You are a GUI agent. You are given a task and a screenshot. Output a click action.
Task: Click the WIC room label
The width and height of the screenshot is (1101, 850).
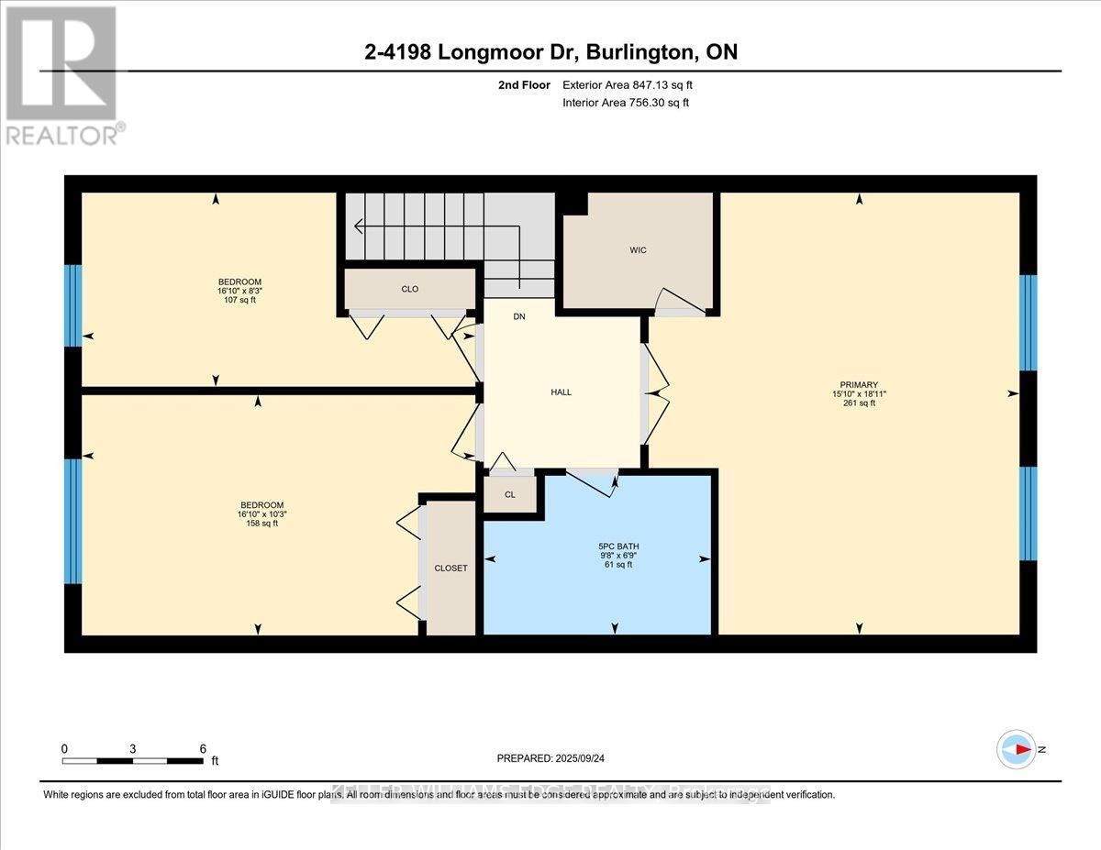point(639,250)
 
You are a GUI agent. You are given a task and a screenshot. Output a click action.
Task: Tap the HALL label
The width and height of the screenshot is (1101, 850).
point(561,392)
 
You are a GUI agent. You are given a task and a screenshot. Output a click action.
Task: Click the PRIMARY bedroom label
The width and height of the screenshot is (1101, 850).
point(859,385)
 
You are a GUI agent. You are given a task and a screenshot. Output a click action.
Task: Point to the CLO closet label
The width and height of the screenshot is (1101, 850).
point(410,289)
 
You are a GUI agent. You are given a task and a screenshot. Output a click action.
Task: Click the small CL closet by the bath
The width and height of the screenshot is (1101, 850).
point(510,494)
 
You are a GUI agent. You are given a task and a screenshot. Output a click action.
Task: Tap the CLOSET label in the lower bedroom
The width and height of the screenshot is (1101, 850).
point(450,568)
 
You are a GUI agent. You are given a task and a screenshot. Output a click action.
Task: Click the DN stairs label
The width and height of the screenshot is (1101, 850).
point(519,316)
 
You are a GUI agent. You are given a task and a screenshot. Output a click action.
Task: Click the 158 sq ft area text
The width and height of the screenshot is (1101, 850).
point(261,524)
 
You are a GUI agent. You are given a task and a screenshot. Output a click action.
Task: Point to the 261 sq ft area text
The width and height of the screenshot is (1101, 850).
point(859,403)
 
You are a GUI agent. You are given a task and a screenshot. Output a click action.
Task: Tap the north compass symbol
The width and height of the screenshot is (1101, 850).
point(1017,749)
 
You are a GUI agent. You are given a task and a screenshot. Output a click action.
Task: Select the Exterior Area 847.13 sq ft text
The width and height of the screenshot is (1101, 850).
point(628,85)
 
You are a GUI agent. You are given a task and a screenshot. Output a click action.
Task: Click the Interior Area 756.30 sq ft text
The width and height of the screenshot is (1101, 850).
point(625,103)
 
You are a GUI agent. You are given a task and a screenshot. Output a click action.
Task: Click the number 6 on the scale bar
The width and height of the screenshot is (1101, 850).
point(203,748)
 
